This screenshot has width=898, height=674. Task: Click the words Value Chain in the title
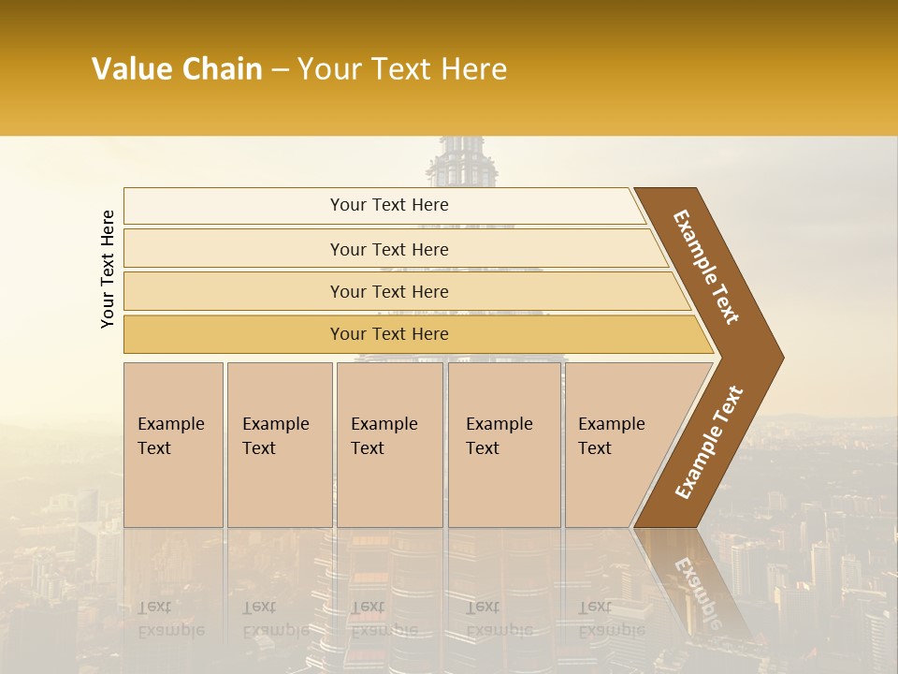point(177,69)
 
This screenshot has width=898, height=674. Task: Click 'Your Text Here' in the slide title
point(402,69)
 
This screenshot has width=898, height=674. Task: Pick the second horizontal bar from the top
point(389,249)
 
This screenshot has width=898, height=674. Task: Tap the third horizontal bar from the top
point(389,291)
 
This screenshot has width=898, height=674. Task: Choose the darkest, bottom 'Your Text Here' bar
point(389,334)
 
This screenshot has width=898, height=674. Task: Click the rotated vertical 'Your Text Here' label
point(108,269)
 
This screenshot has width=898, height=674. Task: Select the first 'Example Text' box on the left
point(173,444)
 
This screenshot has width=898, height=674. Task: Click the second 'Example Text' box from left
point(279,444)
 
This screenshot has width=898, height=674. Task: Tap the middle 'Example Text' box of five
point(389,444)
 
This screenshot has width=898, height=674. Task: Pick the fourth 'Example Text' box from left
point(503,444)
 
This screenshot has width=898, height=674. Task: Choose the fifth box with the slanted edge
point(617,444)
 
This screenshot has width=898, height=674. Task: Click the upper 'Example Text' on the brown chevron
point(706,267)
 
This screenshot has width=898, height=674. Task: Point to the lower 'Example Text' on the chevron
point(709,443)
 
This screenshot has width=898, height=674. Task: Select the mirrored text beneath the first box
point(171,618)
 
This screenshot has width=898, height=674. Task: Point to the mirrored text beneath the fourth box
point(500,618)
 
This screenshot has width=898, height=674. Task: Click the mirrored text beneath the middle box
point(384,618)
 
